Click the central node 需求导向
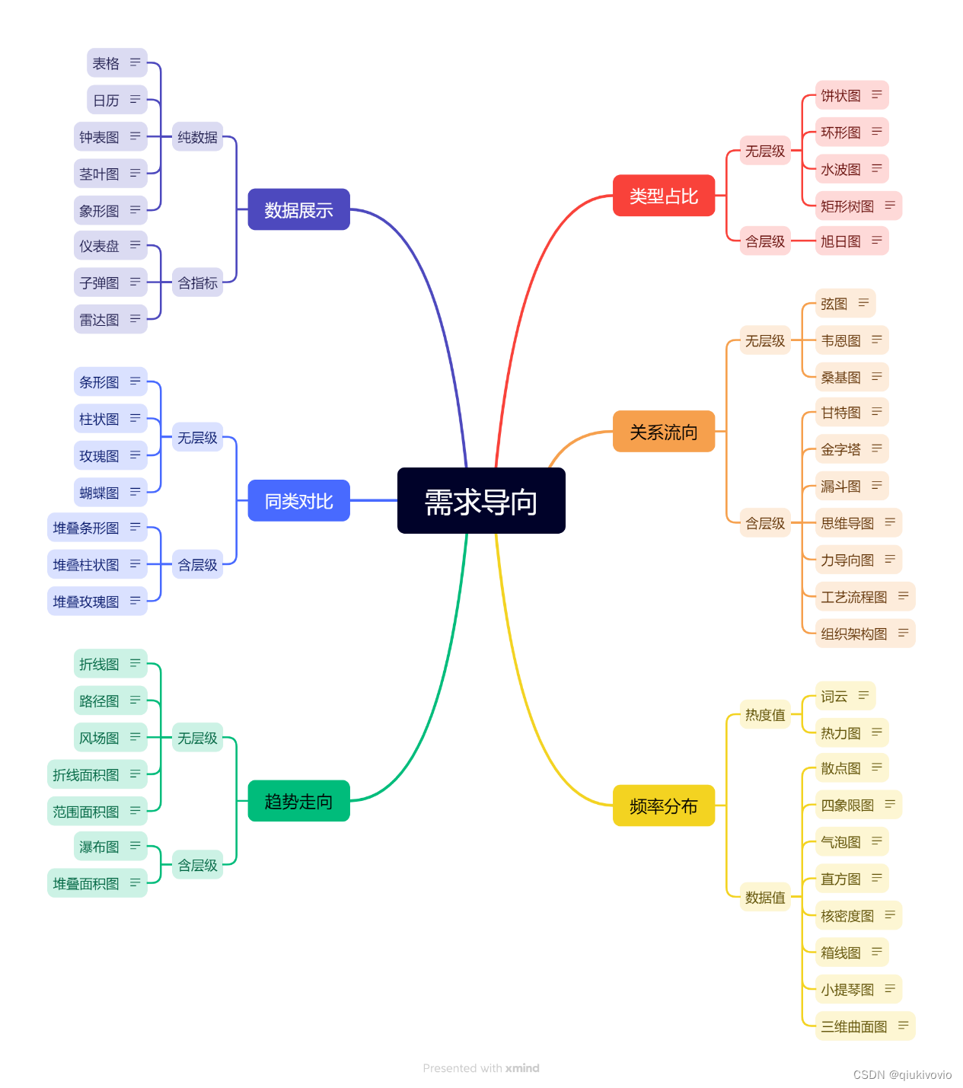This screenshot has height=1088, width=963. (481, 501)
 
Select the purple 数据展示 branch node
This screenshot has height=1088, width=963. (298, 209)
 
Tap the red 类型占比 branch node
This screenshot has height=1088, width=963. (663, 196)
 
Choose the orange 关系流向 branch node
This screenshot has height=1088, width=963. (663, 432)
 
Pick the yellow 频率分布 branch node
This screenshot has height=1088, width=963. (663, 806)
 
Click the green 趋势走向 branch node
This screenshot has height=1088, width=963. (298, 801)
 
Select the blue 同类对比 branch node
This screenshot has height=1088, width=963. (298, 501)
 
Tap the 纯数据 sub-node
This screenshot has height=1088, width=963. (197, 137)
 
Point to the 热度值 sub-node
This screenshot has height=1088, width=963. (764, 714)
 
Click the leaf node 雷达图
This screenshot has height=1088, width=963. (100, 320)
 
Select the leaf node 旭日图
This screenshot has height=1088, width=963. (840, 241)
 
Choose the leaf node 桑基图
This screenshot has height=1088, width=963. (840, 377)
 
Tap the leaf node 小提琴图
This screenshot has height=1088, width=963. (847, 989)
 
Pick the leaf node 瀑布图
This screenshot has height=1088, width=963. (100, 847)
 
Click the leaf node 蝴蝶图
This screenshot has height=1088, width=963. (100, 493)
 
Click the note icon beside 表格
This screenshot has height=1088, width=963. (135, 62)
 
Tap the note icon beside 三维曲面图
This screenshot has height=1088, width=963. (903, 1026)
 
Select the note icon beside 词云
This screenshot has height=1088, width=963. (863, 695)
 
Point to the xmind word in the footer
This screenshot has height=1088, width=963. (522, 1068)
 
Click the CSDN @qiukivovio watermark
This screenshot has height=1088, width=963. (902, 1075)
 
